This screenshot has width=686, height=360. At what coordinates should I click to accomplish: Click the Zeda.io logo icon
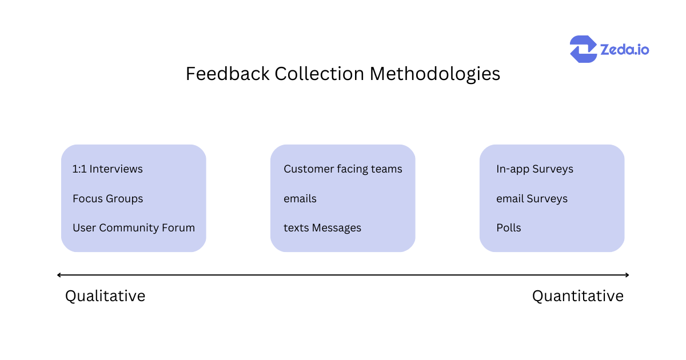pos(583,49)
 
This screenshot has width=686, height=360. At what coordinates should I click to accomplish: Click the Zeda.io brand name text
pos(624,50)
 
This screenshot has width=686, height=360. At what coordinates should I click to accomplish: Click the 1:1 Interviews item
pos(107,169)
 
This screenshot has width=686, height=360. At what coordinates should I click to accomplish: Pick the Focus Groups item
pos(107,199)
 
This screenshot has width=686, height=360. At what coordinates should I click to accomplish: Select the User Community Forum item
pos(133,228)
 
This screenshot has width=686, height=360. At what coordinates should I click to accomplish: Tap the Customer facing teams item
pos(342,169)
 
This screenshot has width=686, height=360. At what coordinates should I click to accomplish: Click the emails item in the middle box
pos(300,199)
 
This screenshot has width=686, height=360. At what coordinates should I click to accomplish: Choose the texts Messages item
pos(322,228)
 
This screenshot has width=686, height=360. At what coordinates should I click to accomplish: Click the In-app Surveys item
pos(535,169)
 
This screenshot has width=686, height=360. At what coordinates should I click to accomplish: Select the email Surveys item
pos(532,199)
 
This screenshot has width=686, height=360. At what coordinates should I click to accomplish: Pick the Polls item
pos(509,228)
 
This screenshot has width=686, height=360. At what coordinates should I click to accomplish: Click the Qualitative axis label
pos(105,296)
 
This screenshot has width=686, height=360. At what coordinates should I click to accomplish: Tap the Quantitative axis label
pos(577,296)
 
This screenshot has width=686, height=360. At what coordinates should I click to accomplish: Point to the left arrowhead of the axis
pos(59,275)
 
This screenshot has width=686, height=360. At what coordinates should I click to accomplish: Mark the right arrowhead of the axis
pos(627,275)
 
